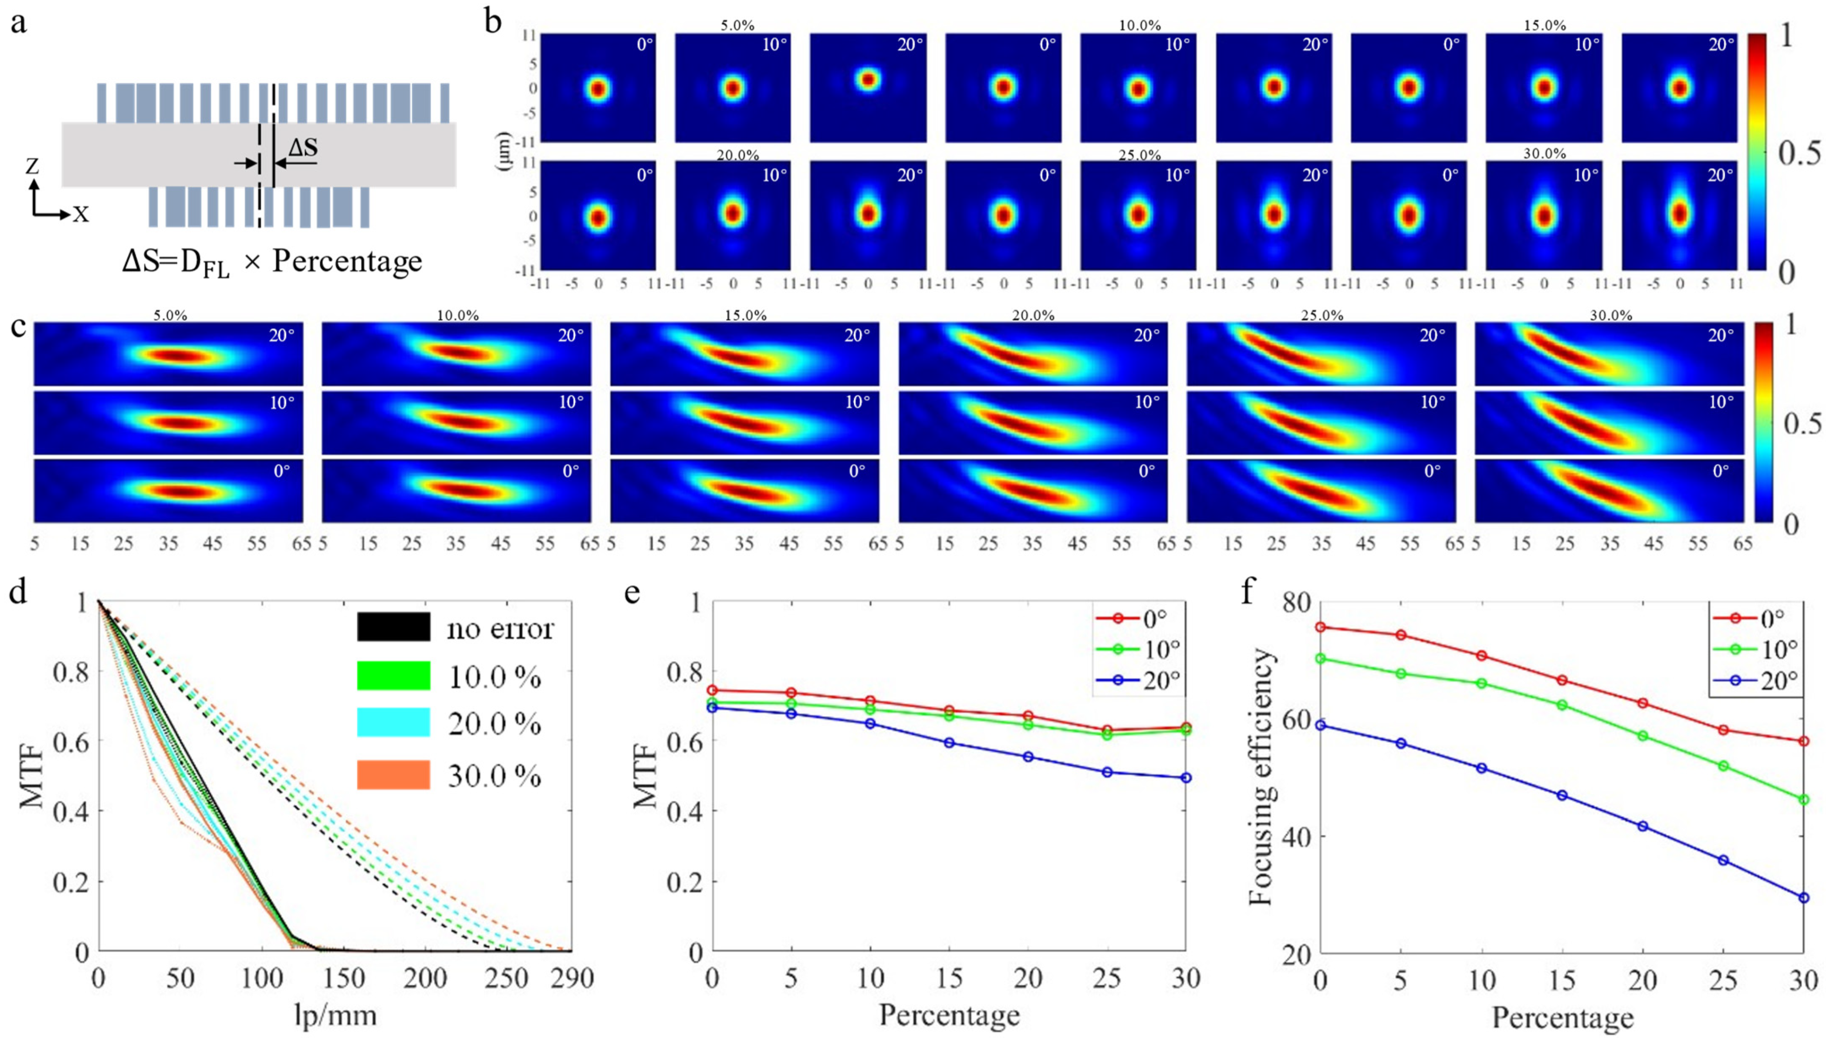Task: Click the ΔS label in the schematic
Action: click(x=303, y=147)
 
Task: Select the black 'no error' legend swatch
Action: click(x=394, y=627)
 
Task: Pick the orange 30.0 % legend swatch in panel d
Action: click(x=394, y=775)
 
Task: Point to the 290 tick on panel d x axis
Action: click(x=571, y=978)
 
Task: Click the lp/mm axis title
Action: click(x=335, y=1015)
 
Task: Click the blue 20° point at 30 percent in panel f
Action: click(x=1804, y=897)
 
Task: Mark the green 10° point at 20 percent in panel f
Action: click(x=1642, y=736)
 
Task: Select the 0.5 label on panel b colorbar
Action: click(x=1799, y=153)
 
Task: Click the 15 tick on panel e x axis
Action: click(x=949, y=978)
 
